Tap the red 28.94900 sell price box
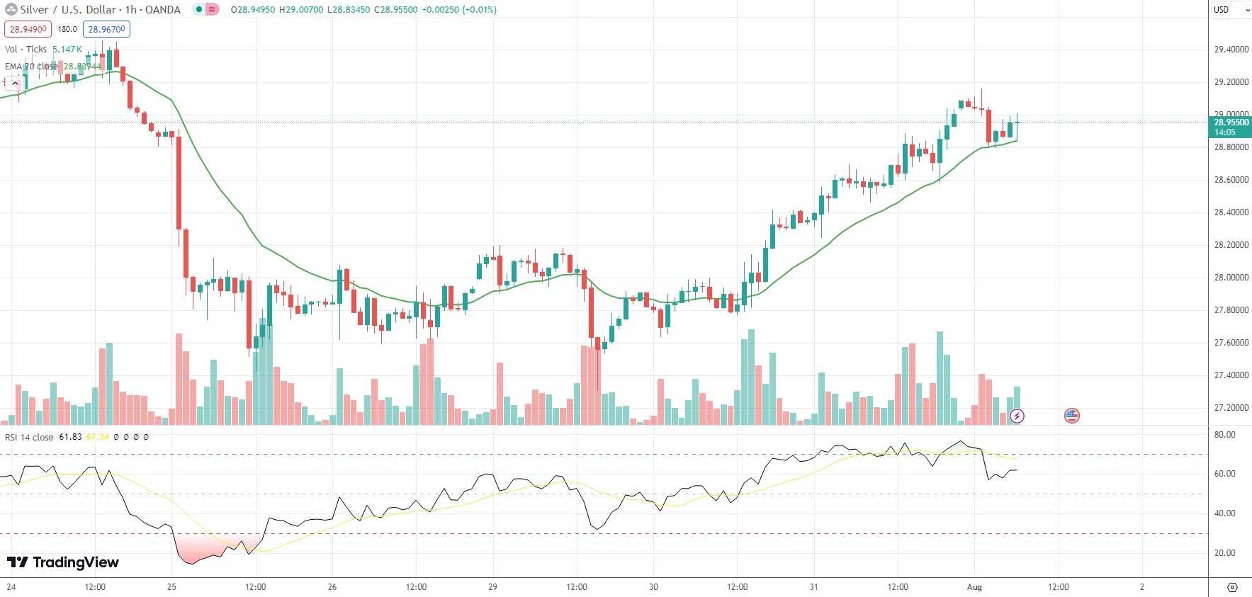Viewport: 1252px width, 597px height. (28, 29)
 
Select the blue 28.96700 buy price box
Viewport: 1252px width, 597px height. (106, 29)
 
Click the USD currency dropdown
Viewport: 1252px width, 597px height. (1230, 10)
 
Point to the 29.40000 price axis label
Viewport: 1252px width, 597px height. (1231, 50)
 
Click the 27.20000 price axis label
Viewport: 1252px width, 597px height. (1231, 408)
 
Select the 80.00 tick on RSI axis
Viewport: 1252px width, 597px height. (1224, 435)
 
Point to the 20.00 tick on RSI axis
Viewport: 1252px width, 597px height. (1224, 553)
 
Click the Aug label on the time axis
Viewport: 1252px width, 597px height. (974, 587)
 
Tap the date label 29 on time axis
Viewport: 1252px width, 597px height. (492, 587)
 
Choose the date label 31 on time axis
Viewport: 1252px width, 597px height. (813, 587)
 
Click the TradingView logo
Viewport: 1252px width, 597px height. (63, 562)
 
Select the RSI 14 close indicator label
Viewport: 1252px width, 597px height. (29, 438)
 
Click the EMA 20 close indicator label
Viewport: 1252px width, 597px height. (31, 67)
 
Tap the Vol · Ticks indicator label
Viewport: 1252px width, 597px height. (26, 50)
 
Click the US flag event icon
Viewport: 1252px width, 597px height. (1071, 416)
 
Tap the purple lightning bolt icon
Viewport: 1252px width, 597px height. (1017, 416)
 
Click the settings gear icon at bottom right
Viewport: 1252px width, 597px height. (1232, 587)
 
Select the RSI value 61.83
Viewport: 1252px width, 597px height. (70, 438)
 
